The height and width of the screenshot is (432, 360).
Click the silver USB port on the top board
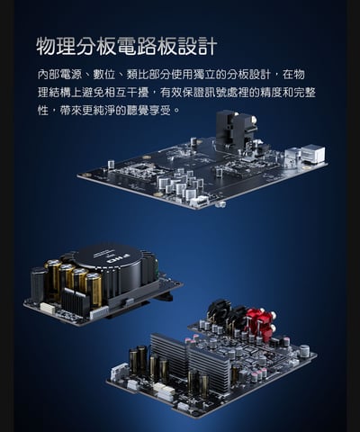coord(311,154)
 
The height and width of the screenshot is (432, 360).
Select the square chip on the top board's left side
coord(139,168)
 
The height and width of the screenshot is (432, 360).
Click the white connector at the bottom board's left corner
coord(120,372)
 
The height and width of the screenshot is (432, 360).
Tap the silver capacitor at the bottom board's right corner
coord(304,351)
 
